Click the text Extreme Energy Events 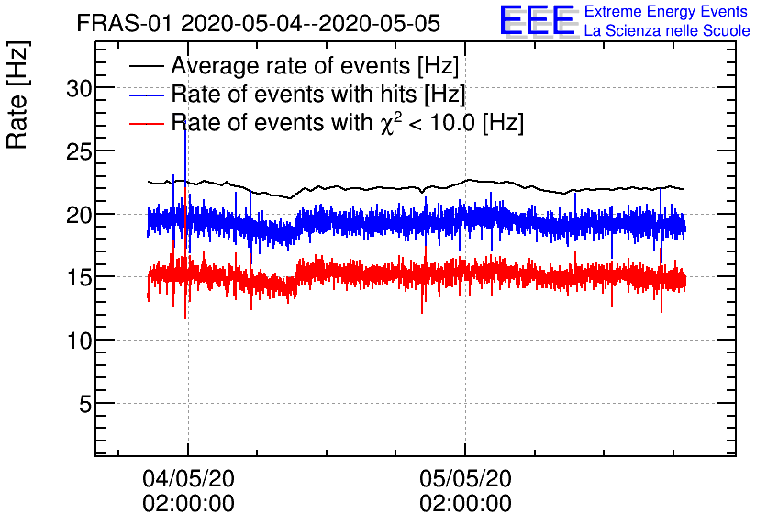[666, 12]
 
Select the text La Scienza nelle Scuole [666, 31]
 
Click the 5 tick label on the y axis [84, 404]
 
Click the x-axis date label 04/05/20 [188, 479]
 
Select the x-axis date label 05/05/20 [465, 479]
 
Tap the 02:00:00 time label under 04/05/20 [188, 504]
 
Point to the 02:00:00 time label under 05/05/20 [465, 504]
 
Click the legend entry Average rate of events [315, 67]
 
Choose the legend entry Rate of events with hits [317, 95]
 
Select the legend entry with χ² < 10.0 [347, 122]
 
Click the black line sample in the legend [146, 67]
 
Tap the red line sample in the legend [146, 122]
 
